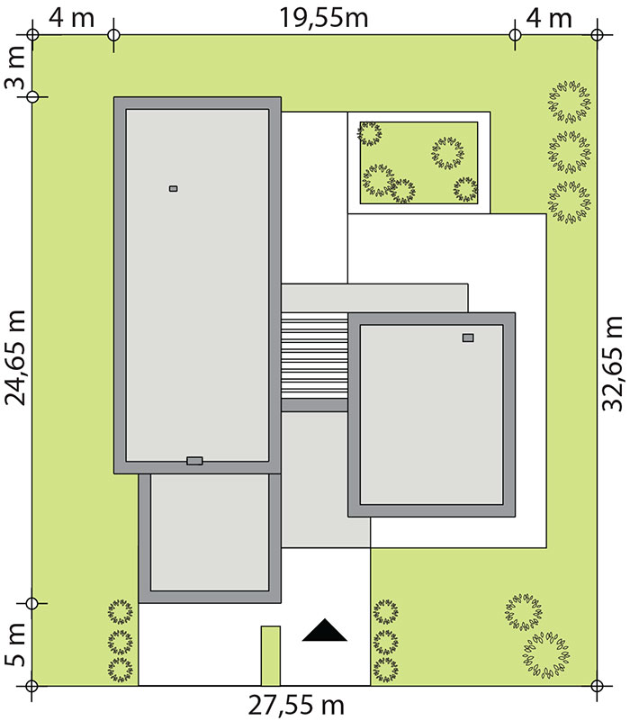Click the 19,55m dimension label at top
(x=324, y=18)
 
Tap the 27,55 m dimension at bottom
(x=297, y=705)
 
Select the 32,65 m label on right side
(x=613, y=364)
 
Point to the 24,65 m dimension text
(x=14, y=357)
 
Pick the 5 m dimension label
(x=14, y=644)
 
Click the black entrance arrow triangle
(x=325, y=630)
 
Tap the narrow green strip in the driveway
(x=270, y=655)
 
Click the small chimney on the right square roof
(x=468, y=338)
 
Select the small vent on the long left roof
(x=174, y=188)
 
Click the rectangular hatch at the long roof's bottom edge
(x=194, y=461)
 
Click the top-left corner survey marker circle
(x=31, y=35)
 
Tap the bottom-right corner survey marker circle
(x=597, y=686)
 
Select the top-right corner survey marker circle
(x=597, y=35)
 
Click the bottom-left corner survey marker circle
(x=31, y=686)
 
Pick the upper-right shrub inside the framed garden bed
(x=448, y=153)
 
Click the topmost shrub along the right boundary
(x=570, y=102)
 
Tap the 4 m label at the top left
(x=72, y=18)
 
